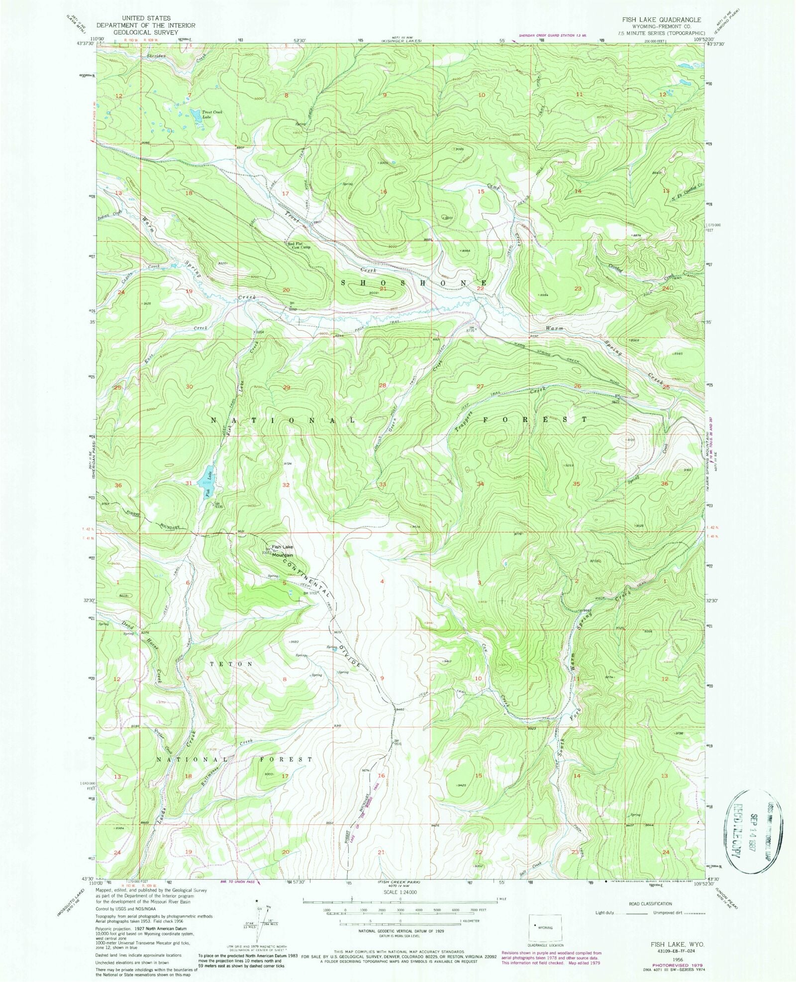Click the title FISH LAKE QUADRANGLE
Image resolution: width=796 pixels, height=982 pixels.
tap(661, 20)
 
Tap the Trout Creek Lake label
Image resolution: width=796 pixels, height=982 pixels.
tap(212, 114)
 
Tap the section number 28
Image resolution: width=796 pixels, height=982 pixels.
tap(383, 386)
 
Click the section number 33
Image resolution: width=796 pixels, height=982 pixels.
tap(383, 484)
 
